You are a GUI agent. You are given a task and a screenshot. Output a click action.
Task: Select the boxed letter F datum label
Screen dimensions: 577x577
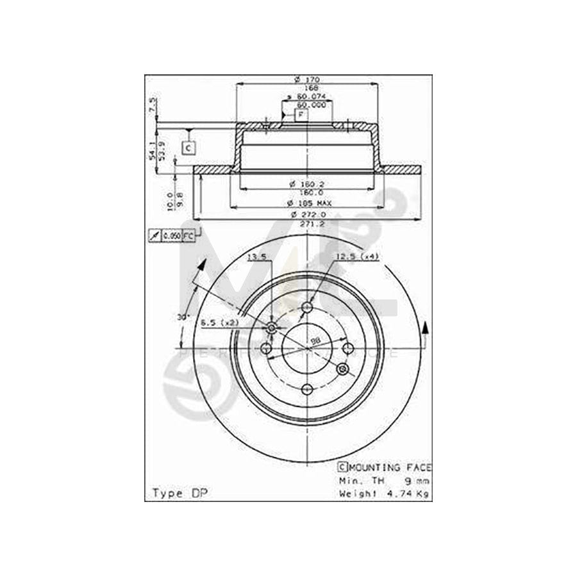tap(300, 115)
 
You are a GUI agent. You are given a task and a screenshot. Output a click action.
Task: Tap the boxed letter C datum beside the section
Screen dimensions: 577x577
tap(188, 148)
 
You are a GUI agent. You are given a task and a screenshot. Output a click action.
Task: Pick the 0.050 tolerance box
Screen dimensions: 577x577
tap(171, 237)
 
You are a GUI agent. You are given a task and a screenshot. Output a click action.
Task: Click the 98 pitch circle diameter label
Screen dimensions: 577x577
tap(315, 340)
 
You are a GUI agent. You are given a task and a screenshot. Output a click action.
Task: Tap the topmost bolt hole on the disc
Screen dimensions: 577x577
tap(306, 307)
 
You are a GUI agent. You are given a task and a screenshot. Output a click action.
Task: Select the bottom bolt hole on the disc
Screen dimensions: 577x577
tap(306, 389)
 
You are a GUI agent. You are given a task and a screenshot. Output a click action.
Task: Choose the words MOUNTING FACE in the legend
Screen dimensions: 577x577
tap(390, 467)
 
